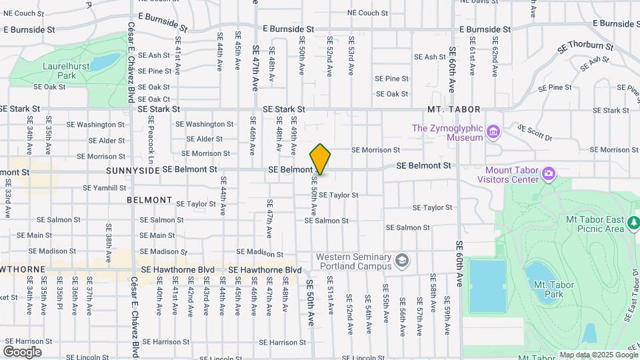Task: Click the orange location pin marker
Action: [320, 159]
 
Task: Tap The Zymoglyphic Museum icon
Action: [493, 132]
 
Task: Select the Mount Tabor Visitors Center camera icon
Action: [549, 175]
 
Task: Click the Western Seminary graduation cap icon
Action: [402, 261]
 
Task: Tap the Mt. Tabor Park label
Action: [553, 289]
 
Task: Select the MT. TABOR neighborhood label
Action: [454, 109]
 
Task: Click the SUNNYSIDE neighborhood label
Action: [133, 171]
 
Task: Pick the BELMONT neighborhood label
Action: [149, 200]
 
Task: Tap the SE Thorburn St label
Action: [585, 47]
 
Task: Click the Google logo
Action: [22, 352]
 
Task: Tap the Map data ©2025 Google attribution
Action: [599, 355]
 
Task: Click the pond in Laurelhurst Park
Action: [105, 63]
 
